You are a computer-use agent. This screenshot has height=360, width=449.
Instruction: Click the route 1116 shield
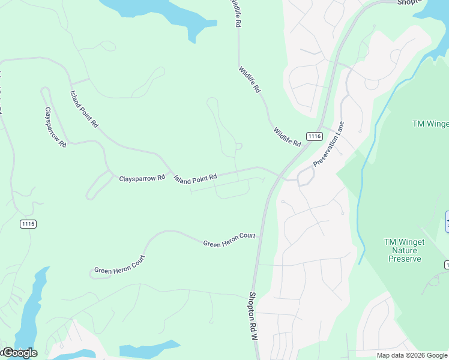(314, 136)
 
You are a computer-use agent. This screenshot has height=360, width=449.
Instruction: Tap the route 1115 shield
(28, 224)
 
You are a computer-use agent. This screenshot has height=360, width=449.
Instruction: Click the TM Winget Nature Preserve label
(404, 250)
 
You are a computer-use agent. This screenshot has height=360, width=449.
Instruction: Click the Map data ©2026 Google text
(412, 355)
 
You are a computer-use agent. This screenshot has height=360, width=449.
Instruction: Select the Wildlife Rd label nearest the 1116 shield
(287, 137)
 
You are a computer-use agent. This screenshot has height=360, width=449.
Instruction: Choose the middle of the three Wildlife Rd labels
(250, 79)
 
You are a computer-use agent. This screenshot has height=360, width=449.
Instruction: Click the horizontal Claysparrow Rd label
(142, 178)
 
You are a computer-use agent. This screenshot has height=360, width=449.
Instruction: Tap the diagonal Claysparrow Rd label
(55, 128)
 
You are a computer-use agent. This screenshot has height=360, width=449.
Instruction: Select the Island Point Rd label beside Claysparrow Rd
(195, 178)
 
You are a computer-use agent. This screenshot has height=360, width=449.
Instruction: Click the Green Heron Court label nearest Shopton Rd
(229, 239)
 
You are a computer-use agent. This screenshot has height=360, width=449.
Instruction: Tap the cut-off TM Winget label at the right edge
(430, 124)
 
